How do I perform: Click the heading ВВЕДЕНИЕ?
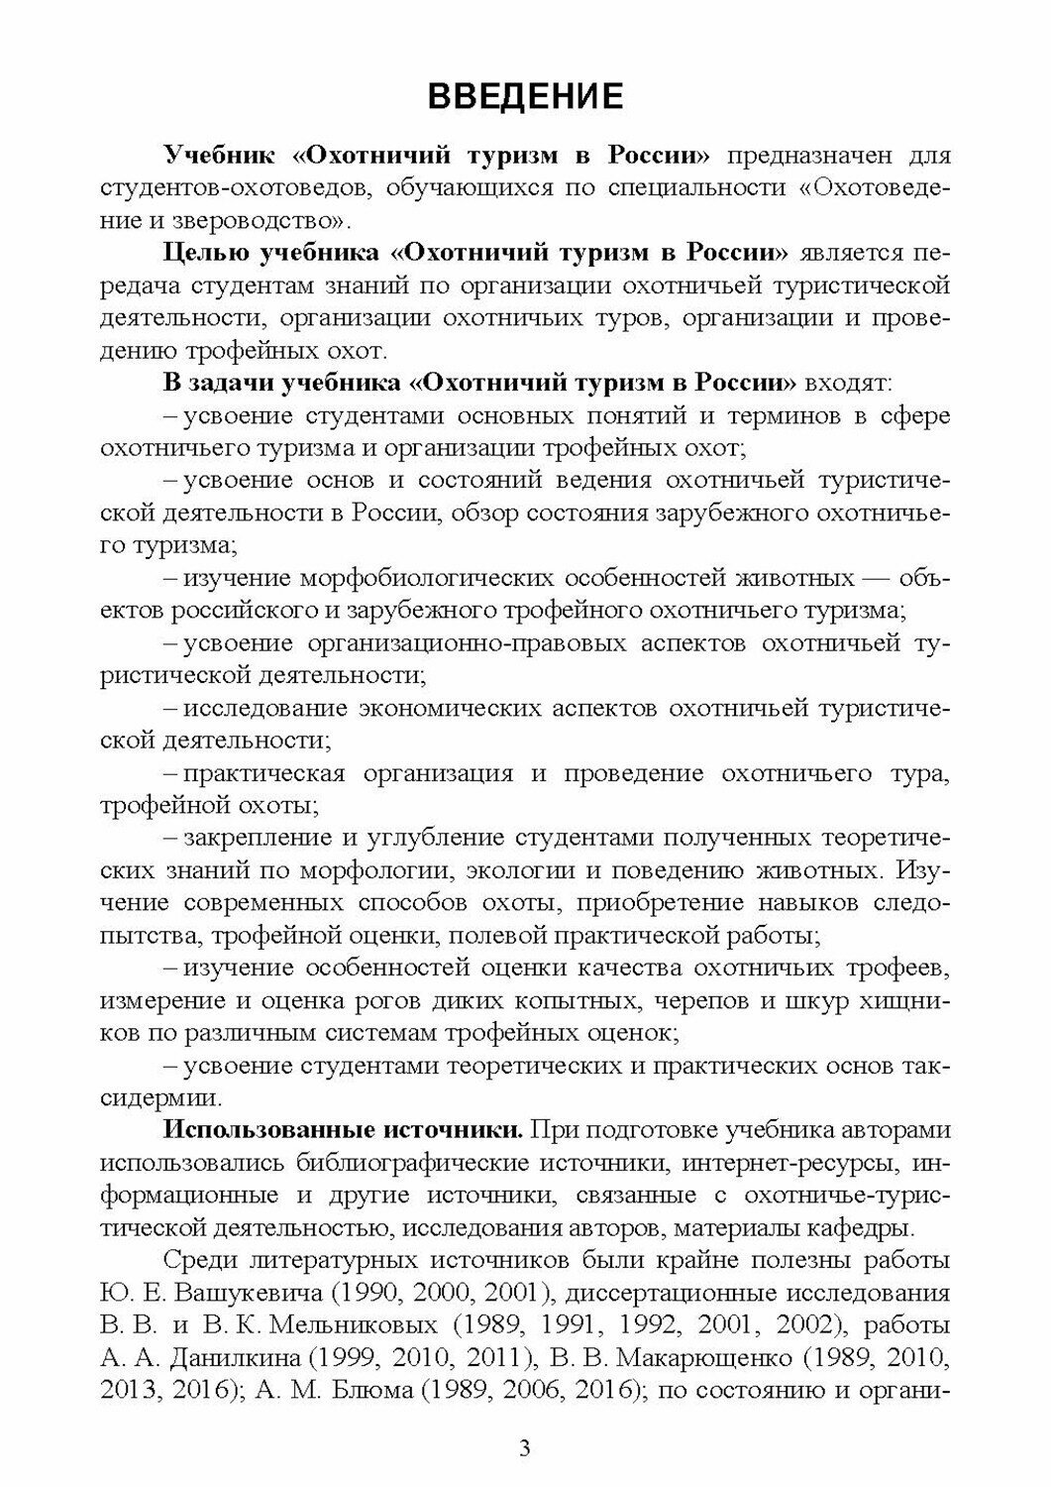click(x=525, y=97)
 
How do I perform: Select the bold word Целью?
click(x=206, y=253)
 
